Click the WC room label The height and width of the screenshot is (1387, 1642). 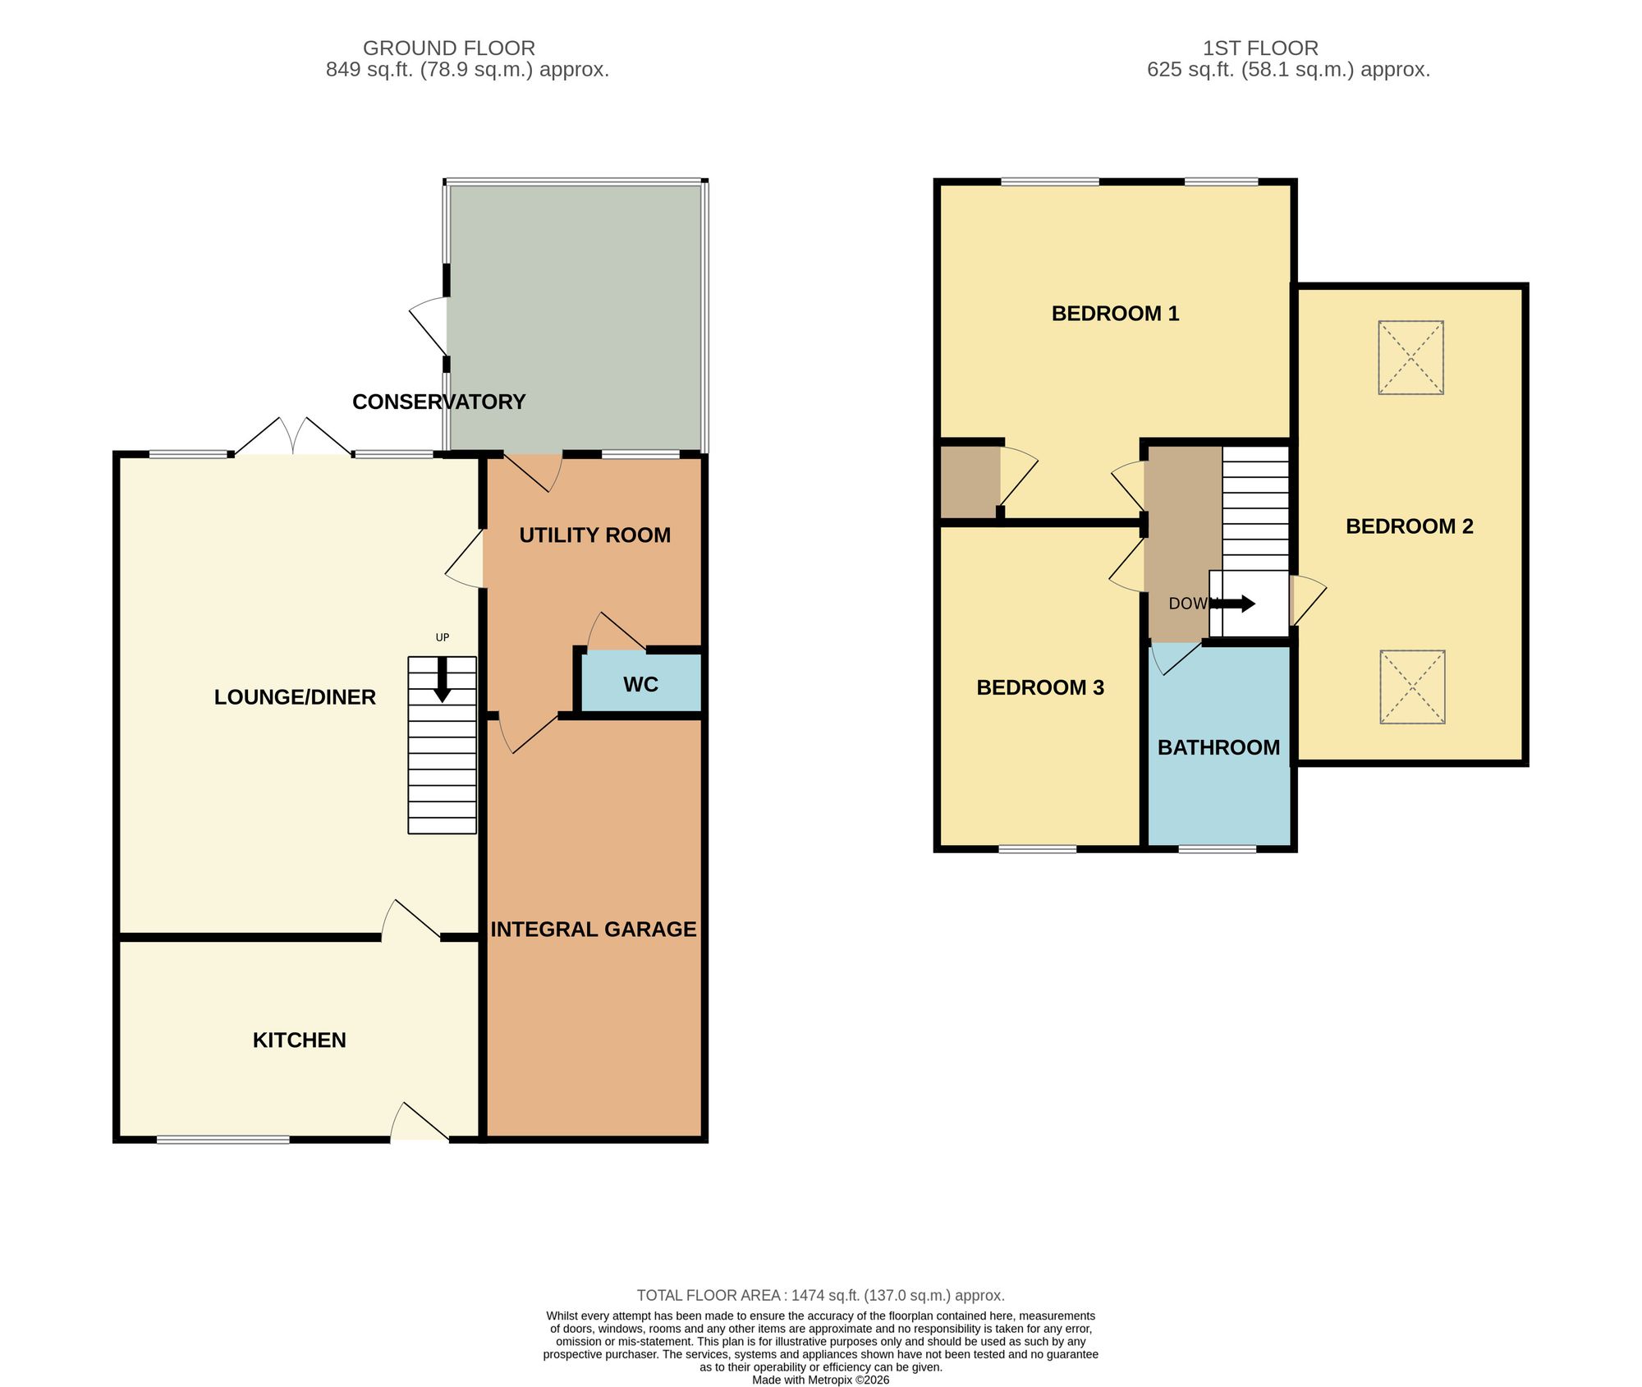(x=640, y=685)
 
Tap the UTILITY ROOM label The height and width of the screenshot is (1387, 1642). (x=595, y=535)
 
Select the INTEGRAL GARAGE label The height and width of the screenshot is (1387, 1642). (x=594, y=930)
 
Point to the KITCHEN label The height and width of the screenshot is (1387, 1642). (x=300, y=1040)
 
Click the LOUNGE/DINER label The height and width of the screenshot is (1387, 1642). (x=296, y=697)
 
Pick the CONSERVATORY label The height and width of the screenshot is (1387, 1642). (x=439, y=402)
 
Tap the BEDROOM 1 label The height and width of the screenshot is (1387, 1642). (x=1116, y=314)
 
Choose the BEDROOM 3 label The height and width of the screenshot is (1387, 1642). (x=1040, y=688)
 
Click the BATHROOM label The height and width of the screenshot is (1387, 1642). (x=1219, y=748)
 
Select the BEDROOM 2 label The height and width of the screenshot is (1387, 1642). (x=1410, y=526)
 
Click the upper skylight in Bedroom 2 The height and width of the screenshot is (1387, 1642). (x=1410, y=358)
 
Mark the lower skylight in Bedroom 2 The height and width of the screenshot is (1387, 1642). (x=1412, y=687)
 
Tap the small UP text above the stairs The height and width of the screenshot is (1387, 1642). (x=443, y=638)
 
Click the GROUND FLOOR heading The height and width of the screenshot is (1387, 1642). (x=449, y=48)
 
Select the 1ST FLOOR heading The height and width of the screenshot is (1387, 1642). (x=1261, y=48)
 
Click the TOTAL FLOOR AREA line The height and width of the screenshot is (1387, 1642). (x=821, y=1296)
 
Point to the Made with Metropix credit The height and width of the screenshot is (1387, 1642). (x=821, y=1380)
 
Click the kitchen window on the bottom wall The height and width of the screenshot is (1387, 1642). (x=223, y=1140)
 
